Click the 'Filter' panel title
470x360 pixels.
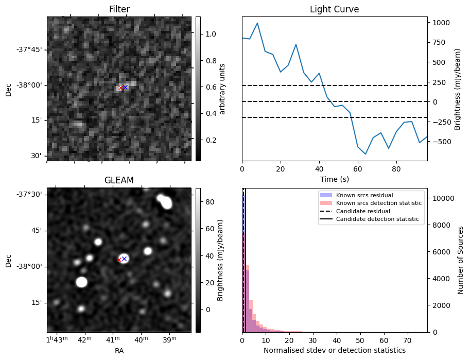119,9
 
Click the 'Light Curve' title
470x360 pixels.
334,9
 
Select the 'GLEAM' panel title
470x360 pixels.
119,180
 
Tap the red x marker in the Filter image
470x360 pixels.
120,88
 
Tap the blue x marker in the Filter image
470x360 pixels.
125,87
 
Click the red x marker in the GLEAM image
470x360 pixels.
119,260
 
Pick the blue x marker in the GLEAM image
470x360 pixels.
124,259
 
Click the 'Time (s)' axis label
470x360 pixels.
334,179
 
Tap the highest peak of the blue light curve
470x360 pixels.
257,23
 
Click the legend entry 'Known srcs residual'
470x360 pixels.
364,196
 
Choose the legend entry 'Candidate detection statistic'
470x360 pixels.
377,219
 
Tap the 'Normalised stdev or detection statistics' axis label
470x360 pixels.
334,351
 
